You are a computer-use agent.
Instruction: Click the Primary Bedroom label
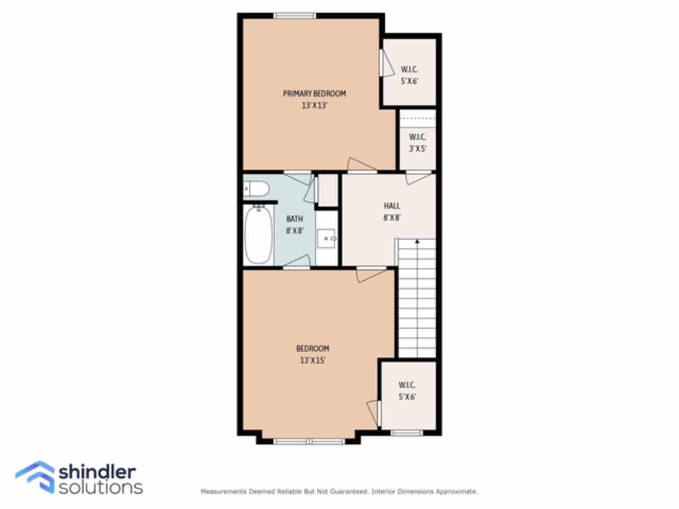pyautogui.click(x=314, y=93)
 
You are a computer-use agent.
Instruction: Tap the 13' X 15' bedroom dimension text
pyautogui.click(x=313, y=361)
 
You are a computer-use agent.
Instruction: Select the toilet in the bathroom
pyautogui.click(x=256, y=189)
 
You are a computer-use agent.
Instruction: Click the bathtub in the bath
pyautogui.click(x=259, y=235)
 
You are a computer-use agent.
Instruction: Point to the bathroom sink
pyautogui.click(x=327, y=238)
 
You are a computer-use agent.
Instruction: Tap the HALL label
pyautogui.click(x=392, y=206)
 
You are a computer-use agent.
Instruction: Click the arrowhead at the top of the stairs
pyautogui.click(x=417, y=241)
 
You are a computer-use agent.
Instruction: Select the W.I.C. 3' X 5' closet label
pyautogui.click(x=417, y=143)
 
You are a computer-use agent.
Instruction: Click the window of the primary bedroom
pyautogui.click(x=295, y=16)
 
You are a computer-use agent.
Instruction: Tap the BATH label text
pyautogui.click(x=294, y=219)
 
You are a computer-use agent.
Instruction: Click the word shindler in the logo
pyautogui.click(x=97, y=472)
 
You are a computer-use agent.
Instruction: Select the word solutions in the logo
pyautogui.click(x=101, y=488)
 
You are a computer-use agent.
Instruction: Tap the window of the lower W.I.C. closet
pyautogui.click(x=407, y=433)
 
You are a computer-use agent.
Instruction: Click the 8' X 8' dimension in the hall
pyautogui.click(x=392, y=217)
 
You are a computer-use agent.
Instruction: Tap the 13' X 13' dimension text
pyautogui.click(x=314, y=106)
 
